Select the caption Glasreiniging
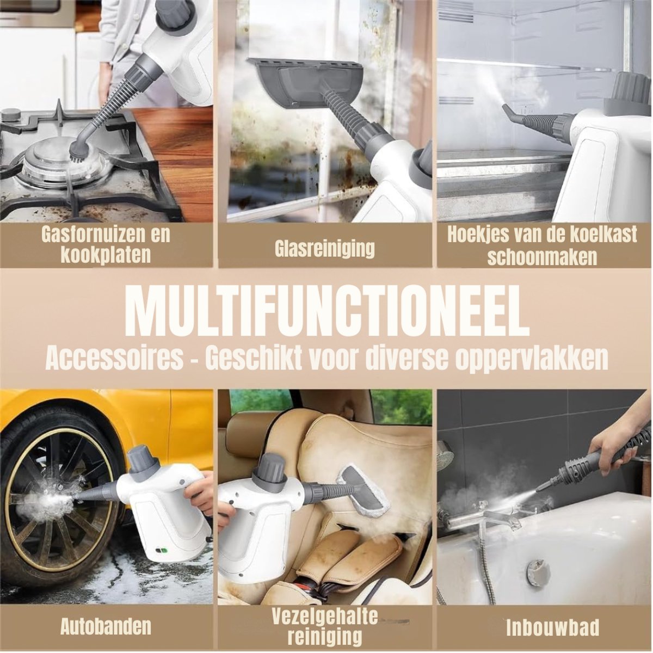coord(325,248)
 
